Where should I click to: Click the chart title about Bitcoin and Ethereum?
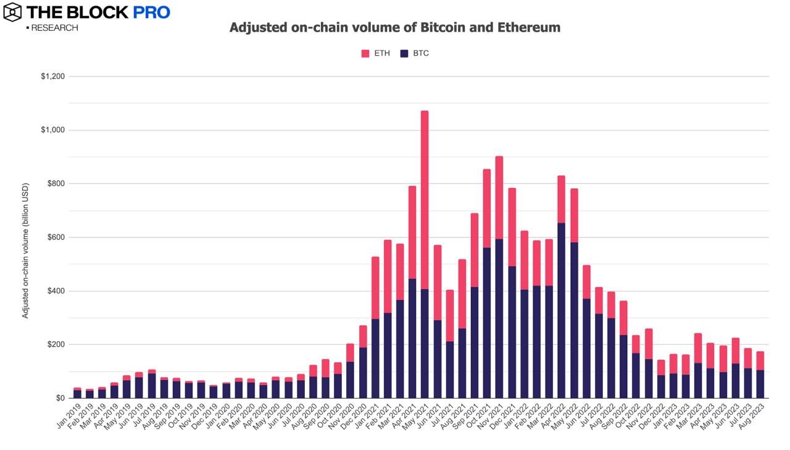click(x=395, y=28)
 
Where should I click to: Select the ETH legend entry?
click(x=376, y=54)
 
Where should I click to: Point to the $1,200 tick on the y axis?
click(x=53, y=77)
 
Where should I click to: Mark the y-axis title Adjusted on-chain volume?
click(x=25, y=250)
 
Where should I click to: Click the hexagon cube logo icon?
click(x=12, y=12)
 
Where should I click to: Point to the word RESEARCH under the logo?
click(x=54, y=28)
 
